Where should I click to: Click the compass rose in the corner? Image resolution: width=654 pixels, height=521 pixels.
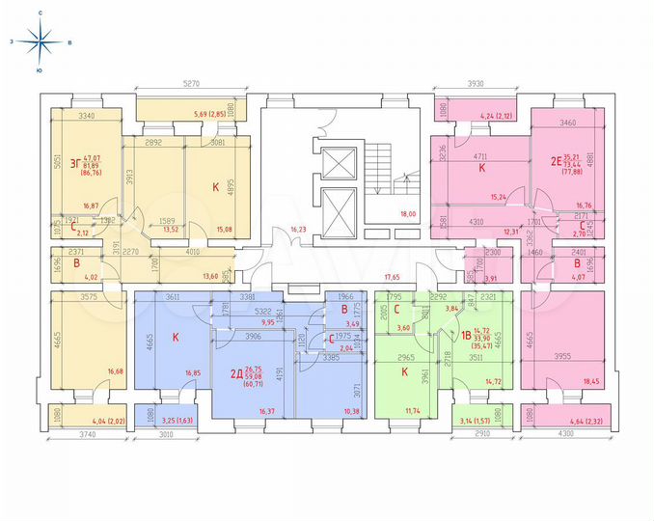pyautogui.click(x=40, y=41)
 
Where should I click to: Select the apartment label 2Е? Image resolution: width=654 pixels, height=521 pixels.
pyautogui.click(x=556, y=162)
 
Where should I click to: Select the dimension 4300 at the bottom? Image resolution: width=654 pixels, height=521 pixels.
pyautogui.click(x=560, y=447)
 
